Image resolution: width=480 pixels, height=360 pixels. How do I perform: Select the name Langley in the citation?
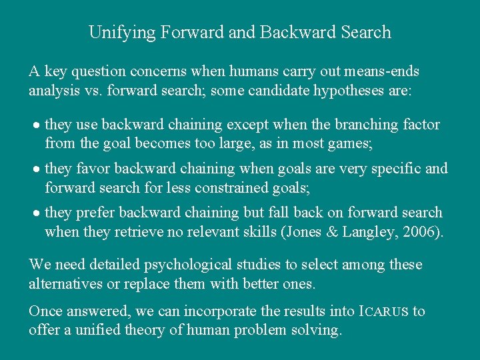click(374, 231)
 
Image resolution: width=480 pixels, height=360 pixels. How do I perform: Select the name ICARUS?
click(384, 312)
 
